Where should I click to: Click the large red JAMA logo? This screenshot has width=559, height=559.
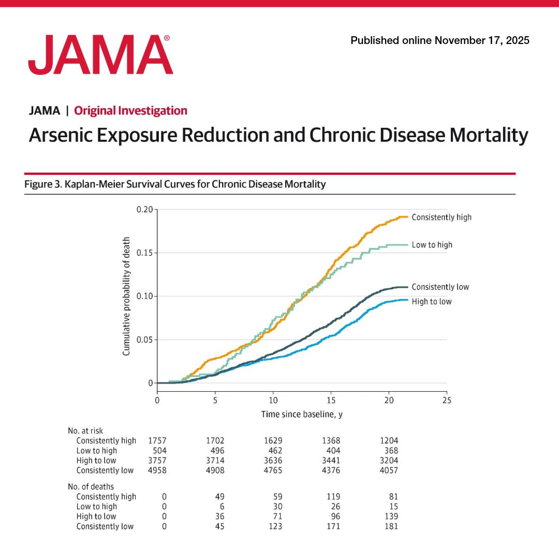coord(100,54)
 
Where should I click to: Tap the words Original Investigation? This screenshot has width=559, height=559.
coord(130,111)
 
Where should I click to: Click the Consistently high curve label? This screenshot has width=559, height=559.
coord(442,217)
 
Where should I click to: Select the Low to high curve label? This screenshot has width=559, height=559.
coord(432,244)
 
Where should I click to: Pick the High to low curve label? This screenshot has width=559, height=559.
coord(431,302)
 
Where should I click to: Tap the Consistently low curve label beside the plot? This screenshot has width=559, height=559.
coord(440,287)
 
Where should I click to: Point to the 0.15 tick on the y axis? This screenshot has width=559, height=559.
coord(144,253)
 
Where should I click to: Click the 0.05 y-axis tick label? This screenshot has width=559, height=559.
coord(144,340)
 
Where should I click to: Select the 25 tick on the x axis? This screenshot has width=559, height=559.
coord(447,400)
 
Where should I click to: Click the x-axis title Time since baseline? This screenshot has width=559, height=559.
coord(302,414)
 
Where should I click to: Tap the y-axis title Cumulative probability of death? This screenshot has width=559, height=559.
coord(126,296)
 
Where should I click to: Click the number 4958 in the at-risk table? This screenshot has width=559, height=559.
coord(157,470)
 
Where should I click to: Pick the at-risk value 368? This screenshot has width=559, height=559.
coord(391,451)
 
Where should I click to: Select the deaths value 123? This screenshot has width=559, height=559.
coord(275,526)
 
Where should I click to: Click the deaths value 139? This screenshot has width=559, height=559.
coord(391,516)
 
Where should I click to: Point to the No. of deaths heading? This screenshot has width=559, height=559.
coord(91,487)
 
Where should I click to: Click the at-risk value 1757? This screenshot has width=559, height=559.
coord(157,440)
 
